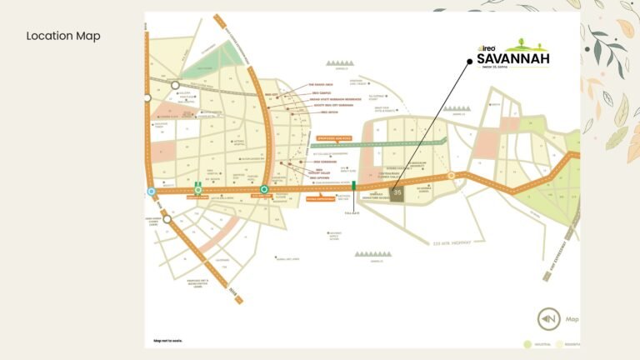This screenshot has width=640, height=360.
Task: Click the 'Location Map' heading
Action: pos(63,36)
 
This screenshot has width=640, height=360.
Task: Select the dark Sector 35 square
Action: pos(398,193)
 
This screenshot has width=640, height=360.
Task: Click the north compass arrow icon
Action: pos(547,319)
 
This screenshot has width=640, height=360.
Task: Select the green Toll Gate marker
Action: pos(354,186)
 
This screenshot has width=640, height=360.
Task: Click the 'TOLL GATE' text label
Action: pos(353,212)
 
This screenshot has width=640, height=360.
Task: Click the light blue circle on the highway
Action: pos(152,191)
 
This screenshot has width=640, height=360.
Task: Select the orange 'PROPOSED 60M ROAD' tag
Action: pos(331,136)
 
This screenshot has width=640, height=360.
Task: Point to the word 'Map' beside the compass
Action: pos(572,318)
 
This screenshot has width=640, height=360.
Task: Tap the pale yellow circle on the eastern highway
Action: pos(451,176)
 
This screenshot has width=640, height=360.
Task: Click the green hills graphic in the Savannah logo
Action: pos(527,45)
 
